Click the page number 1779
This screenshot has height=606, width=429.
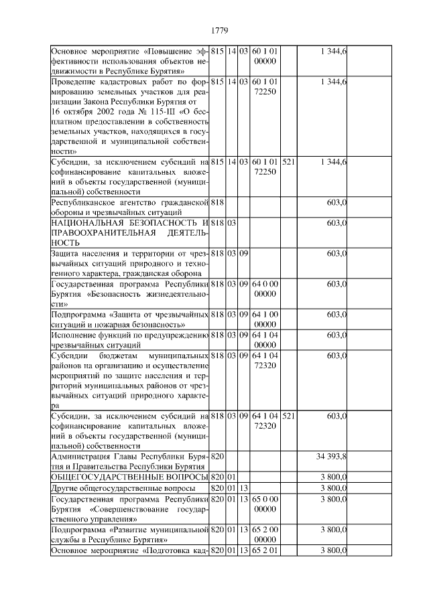(221, 30)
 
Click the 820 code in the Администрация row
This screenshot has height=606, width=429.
(217, 456)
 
